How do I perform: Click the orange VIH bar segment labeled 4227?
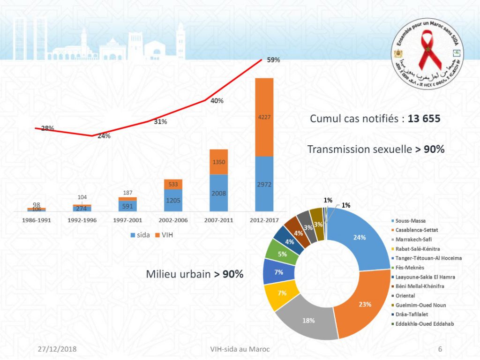(264, 117)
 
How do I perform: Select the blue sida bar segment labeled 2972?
(264, 184)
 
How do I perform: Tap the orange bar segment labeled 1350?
(218, 162)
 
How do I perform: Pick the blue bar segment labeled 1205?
(173, 200)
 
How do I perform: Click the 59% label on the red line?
(273, 60)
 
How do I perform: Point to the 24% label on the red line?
(104, 136)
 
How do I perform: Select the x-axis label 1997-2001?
(127, 220)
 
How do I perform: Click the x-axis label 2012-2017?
(264, 220)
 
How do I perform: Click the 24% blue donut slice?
(360, 237)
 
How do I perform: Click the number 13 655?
(424, 119)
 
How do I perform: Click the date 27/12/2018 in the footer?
(57, 349)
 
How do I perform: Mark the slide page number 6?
(440, 349)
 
